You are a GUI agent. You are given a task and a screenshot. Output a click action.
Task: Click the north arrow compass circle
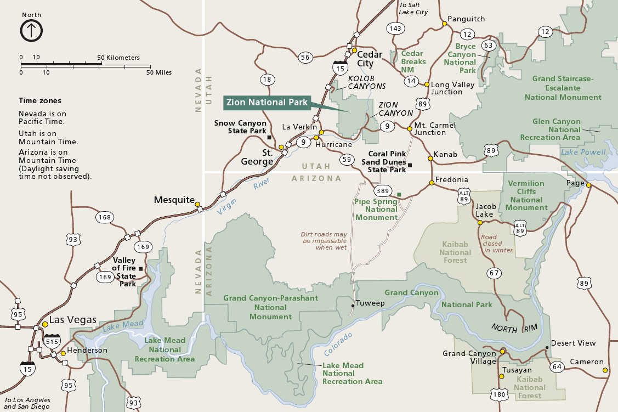click(31, 31)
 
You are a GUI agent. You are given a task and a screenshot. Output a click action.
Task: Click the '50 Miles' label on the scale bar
click(160, 72)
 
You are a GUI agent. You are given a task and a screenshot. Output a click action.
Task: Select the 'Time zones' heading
click(40, 101)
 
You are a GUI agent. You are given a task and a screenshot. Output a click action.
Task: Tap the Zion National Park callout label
click(267, 102)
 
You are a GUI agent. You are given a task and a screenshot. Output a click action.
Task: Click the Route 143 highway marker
click(394, 28)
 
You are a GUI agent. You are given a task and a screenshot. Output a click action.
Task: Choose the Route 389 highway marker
click(383, 191)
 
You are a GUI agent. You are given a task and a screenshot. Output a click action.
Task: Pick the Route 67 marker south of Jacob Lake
click(495, 273)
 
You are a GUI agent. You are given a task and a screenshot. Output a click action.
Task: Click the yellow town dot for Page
click(588, 185)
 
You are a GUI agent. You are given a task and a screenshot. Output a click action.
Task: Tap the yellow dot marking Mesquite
click(198, 201)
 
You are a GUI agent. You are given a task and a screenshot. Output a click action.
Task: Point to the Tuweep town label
click(370, 303)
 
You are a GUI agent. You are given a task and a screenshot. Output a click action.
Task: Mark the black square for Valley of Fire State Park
click(141, 268)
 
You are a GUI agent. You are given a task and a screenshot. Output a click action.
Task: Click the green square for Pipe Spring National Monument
click(399, 195)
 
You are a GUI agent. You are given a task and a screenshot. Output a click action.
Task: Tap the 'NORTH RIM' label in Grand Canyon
click(512, 328)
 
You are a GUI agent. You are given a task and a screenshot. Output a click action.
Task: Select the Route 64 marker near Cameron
click(557, 366)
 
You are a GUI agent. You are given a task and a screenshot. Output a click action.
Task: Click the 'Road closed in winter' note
click(497, 244)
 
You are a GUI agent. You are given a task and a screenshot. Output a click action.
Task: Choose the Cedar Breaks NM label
click(412, 61)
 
